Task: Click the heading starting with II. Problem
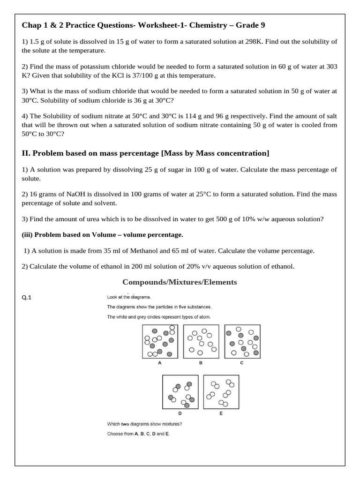146,153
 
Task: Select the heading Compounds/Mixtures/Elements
180,282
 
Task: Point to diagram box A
160,341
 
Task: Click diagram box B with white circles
200,341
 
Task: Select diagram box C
241,341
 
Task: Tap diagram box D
180,392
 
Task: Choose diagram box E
221,392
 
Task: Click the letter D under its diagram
180,413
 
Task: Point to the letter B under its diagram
201,363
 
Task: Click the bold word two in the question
125,424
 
